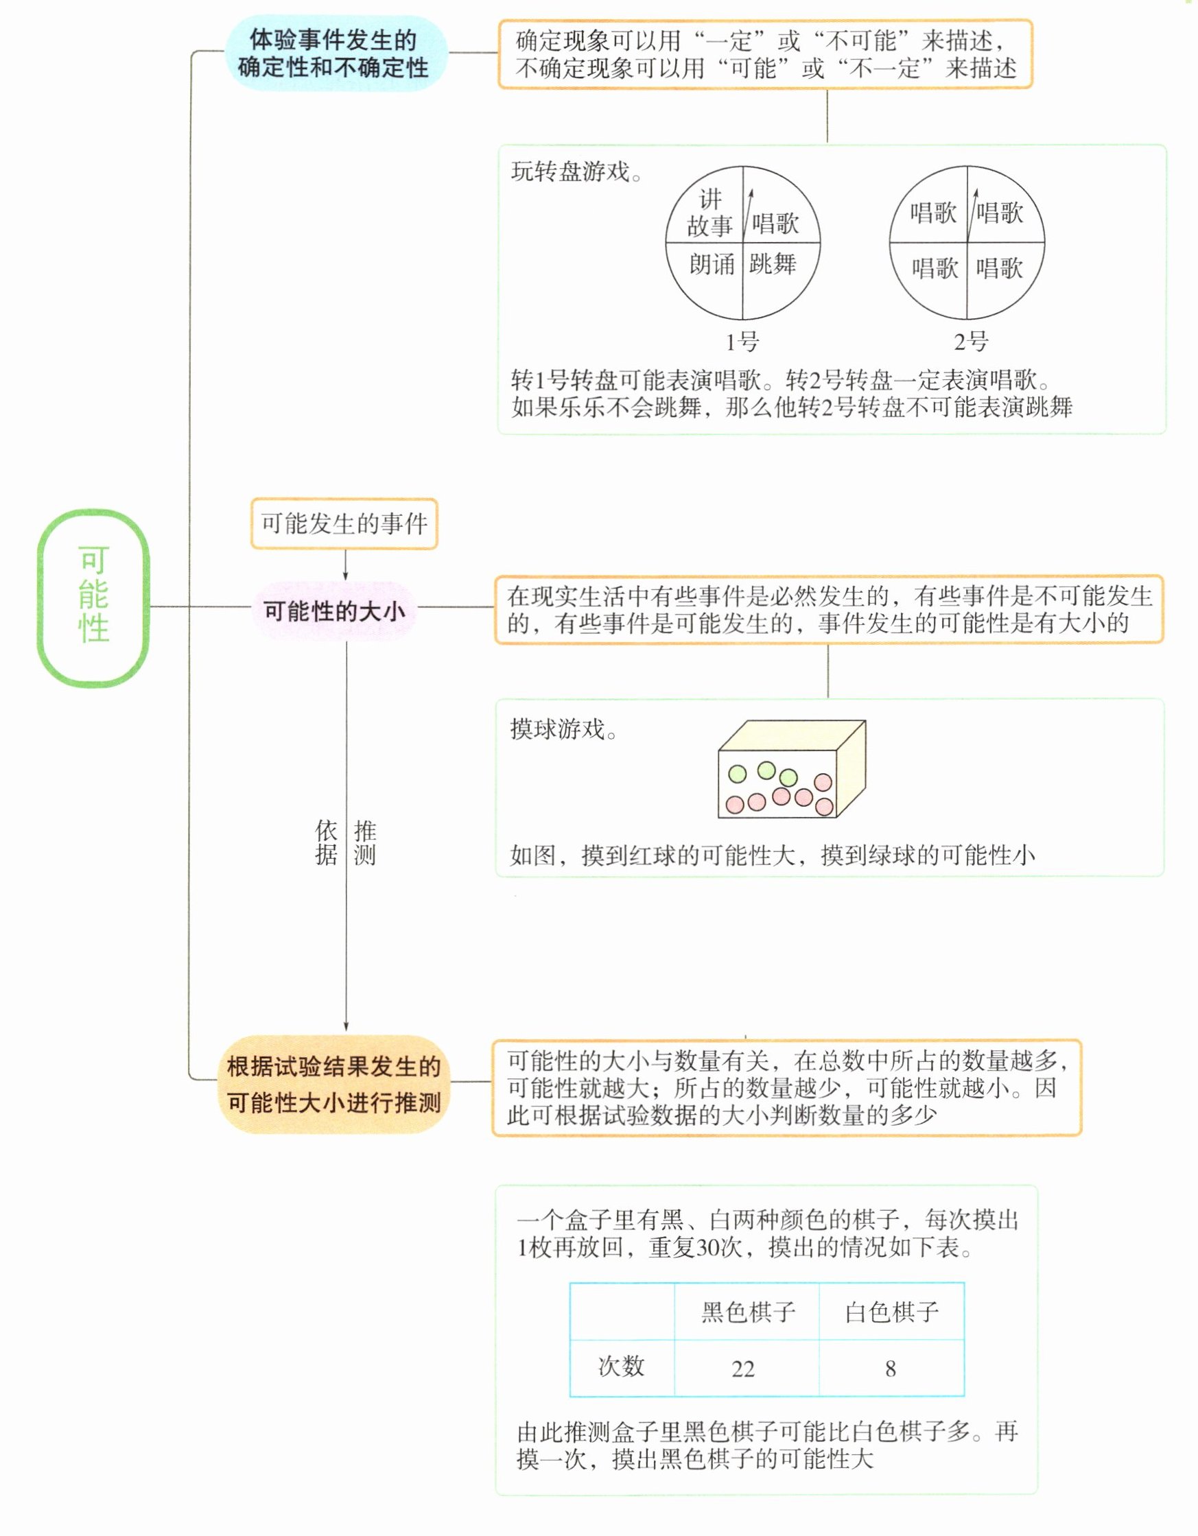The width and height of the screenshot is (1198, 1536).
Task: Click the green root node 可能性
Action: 93,597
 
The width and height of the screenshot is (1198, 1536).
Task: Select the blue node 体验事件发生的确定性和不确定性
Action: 335,54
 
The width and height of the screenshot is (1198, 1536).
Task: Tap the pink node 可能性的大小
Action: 334,611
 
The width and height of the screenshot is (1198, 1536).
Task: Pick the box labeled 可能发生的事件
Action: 344,523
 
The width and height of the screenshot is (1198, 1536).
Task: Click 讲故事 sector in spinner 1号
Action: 709,213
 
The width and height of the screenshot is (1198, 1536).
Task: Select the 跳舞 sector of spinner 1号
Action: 773,264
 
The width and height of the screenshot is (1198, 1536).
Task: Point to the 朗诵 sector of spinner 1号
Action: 712,264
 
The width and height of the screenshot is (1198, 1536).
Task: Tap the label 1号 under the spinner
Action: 742,342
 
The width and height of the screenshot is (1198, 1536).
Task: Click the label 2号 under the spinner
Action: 970,342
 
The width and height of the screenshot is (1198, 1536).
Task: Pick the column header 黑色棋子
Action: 748,1312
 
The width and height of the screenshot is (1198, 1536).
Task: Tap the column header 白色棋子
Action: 891,1312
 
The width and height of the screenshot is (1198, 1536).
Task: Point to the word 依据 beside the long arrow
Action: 327,842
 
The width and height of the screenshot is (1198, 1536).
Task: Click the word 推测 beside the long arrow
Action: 364,842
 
